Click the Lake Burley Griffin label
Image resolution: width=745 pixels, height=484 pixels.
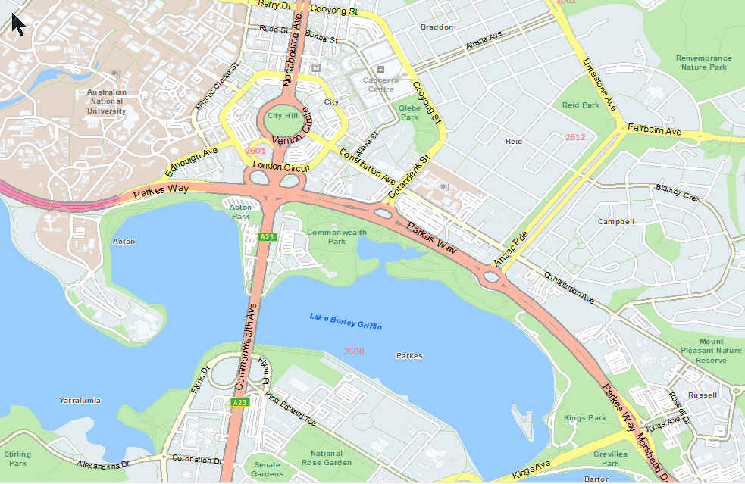pyautogui.click(x=346, y=321)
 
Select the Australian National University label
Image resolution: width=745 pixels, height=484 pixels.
pyautogui.click(x=106, y=101)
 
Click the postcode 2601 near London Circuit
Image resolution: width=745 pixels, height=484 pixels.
pyautogui.click(x=256, y=151)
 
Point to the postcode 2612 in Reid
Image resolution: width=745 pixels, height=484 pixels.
pyautogui.click(x=575, y=137)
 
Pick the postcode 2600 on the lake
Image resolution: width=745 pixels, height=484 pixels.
pyautogui.click(x=353, y=351)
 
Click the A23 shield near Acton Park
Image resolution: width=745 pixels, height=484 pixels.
pyautogui.click(x=266, y=237)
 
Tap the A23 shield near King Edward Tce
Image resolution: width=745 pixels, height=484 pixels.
pyautogui.click(x=239, y=402)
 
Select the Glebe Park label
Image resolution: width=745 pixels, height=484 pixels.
pyautogui.click(x=409, y=112)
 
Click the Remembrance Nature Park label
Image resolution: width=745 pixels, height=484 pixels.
pyautogui.click(x=703, y=62)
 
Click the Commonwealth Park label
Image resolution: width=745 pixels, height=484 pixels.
pyautogui.click(x=337, y=236)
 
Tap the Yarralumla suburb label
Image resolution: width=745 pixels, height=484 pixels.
pyautogui.click(x=80, y=399)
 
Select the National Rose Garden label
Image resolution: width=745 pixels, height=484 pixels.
pyautogui.click(x=327, y=457)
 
